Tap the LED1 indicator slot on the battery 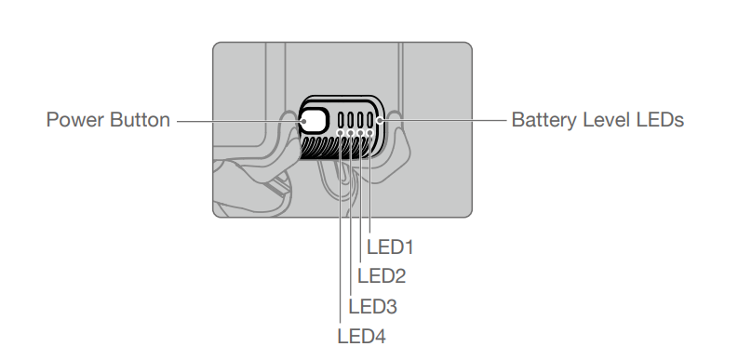pos(370,120)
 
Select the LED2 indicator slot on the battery pos(361,120)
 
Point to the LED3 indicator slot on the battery pos(351,120)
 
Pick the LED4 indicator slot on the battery pos(342,120)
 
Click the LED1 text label pos(390,247)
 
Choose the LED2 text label pos(382,276)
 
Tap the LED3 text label pos(371,306)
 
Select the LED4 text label pos(361,335)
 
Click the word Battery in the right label pos(541,120)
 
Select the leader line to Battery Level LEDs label pos(447,120)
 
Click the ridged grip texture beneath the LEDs pos(321,149)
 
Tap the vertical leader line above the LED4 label pos(342,233)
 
